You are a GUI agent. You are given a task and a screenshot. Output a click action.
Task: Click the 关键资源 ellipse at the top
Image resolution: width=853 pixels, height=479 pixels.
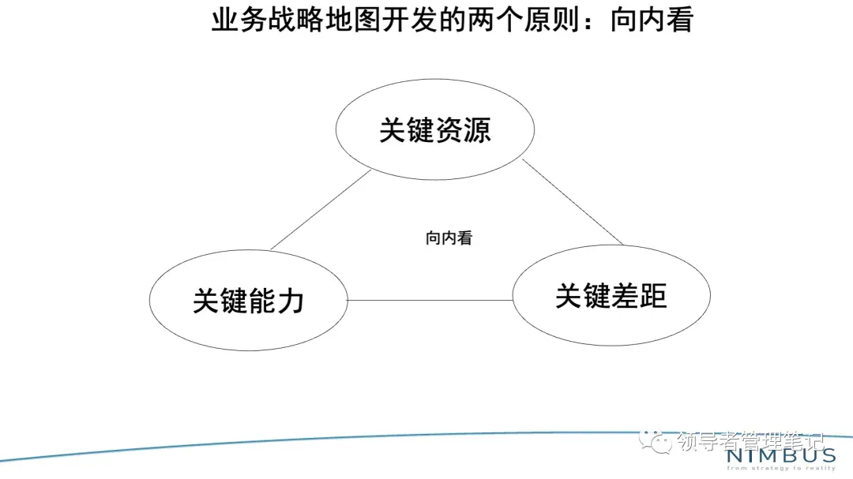point(435,129)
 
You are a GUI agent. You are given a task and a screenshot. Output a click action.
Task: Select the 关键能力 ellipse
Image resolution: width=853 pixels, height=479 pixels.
point(249,301)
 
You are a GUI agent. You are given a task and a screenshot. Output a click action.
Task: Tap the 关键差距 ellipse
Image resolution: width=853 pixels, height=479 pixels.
point(611,295)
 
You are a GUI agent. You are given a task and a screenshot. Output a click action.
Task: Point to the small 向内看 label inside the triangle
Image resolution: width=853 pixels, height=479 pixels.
point(449,238)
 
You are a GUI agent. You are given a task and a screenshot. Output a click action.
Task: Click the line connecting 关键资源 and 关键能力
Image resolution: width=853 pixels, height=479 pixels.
point(319,210)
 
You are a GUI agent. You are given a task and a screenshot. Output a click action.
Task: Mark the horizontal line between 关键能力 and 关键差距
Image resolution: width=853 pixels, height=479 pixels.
point(430,301)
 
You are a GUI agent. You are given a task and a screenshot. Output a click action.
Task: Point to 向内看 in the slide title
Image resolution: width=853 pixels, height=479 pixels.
point(652,20)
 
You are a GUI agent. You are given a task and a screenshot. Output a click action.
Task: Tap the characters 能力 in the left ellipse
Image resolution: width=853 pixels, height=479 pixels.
point(276,301)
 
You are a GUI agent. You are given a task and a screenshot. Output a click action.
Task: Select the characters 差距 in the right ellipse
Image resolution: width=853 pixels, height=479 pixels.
point(639,295)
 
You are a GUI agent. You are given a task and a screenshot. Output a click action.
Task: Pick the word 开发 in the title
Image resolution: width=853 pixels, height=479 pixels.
point(391,20)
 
